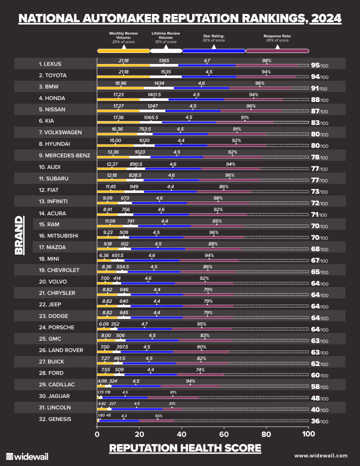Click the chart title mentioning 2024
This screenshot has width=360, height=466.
tap(180, 18)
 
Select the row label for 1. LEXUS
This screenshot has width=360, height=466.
tap(50, 64)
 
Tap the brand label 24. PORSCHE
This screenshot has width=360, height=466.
tap(56, 327)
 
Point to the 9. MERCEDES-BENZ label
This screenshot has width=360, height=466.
tap(64, 155)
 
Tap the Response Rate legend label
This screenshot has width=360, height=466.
tap(277, 38)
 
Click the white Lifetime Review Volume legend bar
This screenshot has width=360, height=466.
tap(166, 50)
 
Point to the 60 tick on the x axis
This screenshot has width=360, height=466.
tap(224, 433)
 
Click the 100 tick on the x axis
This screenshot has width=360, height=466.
tap(308, 433)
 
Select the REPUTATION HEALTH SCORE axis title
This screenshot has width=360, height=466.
tap(185, 447)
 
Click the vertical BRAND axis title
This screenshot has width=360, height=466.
tap(19, 235)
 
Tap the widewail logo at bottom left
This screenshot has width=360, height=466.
tap(27, 456)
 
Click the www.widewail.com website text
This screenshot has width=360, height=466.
tap(320, 455)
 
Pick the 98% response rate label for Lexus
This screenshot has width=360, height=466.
tap(266, 60)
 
